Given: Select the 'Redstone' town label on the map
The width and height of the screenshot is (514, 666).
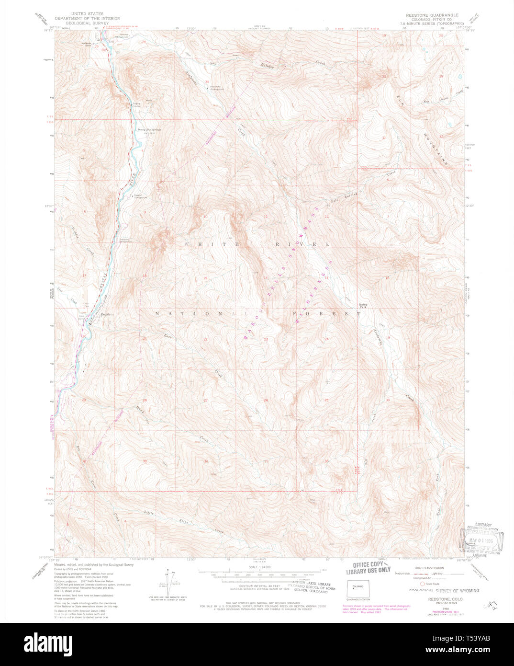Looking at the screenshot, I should (x=107, y=314).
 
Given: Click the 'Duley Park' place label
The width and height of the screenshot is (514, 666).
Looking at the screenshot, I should (x=364, y=307).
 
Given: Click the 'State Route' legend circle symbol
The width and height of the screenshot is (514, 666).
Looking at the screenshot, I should (x=422, y=584).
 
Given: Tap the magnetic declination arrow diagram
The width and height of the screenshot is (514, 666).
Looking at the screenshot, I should (x=168, y=582).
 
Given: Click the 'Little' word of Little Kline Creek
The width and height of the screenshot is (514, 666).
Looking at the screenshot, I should (x=149, y=513).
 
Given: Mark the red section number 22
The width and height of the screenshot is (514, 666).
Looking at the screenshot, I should (x=206, y=339).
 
